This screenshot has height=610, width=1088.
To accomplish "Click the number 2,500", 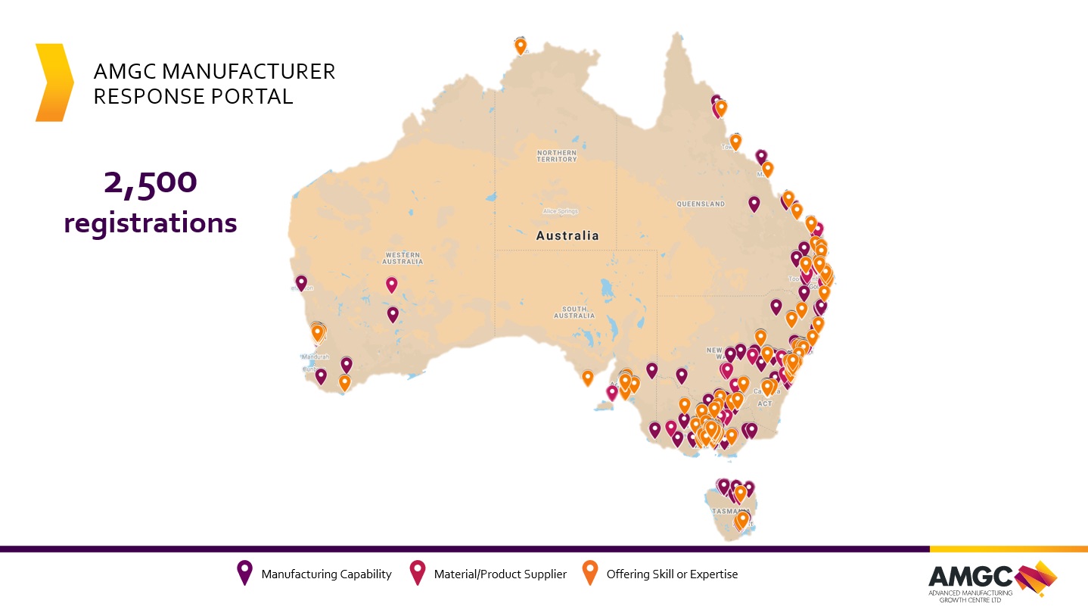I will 151,183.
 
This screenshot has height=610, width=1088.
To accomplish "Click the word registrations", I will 151,223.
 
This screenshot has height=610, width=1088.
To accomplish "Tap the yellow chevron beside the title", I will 54,82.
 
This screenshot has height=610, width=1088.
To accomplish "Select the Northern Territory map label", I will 557,156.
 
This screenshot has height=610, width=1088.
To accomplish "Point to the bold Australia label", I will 567,235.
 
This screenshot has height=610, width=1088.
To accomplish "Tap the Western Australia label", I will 403,258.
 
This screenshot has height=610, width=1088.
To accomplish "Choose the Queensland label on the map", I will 700,204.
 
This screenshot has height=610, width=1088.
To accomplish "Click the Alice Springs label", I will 561,211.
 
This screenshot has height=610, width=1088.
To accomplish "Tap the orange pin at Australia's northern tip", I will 521,45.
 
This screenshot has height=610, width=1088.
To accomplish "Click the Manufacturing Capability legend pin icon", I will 244,573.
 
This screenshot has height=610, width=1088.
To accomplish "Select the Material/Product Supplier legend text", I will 500,574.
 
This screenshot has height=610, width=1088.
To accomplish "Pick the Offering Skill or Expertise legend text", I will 672,574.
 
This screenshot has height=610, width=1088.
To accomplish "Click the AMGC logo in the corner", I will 992,581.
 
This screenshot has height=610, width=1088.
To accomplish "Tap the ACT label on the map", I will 765,403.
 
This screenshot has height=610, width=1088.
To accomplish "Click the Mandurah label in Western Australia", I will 315,356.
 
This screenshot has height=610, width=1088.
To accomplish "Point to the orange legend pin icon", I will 589,573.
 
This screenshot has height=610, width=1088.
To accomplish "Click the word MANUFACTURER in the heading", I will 250,72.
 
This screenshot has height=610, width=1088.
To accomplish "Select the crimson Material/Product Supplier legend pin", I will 417,573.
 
